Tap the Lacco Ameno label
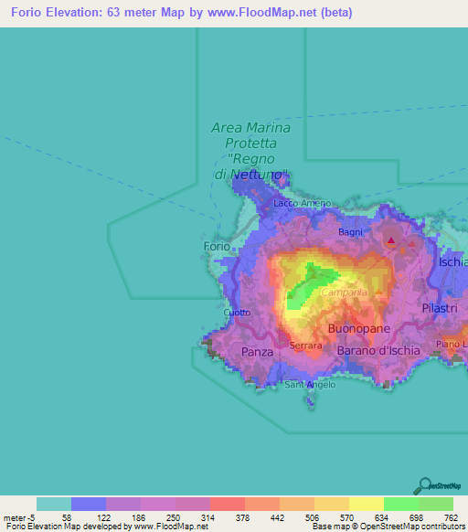(x=294, y=203)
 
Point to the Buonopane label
(x=359, y=328)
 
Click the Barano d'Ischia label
(x=379, y=350)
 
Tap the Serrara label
(x=305, y=346)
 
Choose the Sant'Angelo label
(x=310, y=385)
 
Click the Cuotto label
(x=237, y=313)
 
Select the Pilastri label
(x=439, y=310)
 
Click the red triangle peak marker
(x=391, y=241)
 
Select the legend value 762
(x=450, y=517)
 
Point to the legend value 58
(x=67, y=517)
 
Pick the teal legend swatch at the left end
(x=53, y=504)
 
